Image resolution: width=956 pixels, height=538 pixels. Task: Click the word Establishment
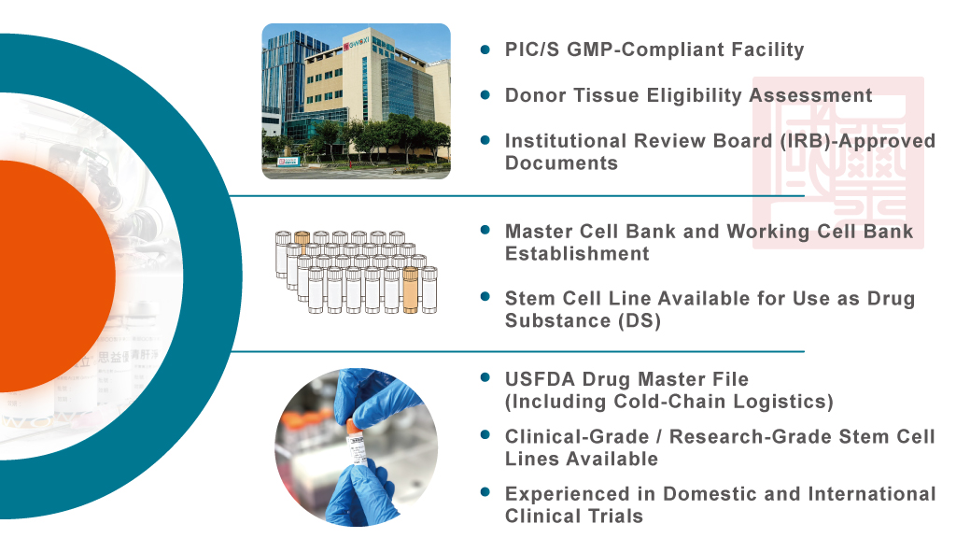click(x=577, y=254)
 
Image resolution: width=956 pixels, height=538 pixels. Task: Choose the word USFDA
click(x=541, y=379)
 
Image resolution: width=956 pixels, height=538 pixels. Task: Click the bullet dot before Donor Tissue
click(x=485, y=95)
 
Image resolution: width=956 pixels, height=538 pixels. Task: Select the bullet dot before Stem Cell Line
click(x=485, y=297)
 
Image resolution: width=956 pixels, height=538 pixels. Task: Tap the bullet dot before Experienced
click(x=485, y=492)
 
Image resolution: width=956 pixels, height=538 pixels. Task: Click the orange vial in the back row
click(x=302, y=241)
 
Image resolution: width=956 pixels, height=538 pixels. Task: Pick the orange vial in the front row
click(x=411, y=290)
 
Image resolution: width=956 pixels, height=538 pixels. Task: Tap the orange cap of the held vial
click(x=352, y=425)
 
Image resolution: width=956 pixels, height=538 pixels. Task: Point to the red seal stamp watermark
click(x=838, y=163)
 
